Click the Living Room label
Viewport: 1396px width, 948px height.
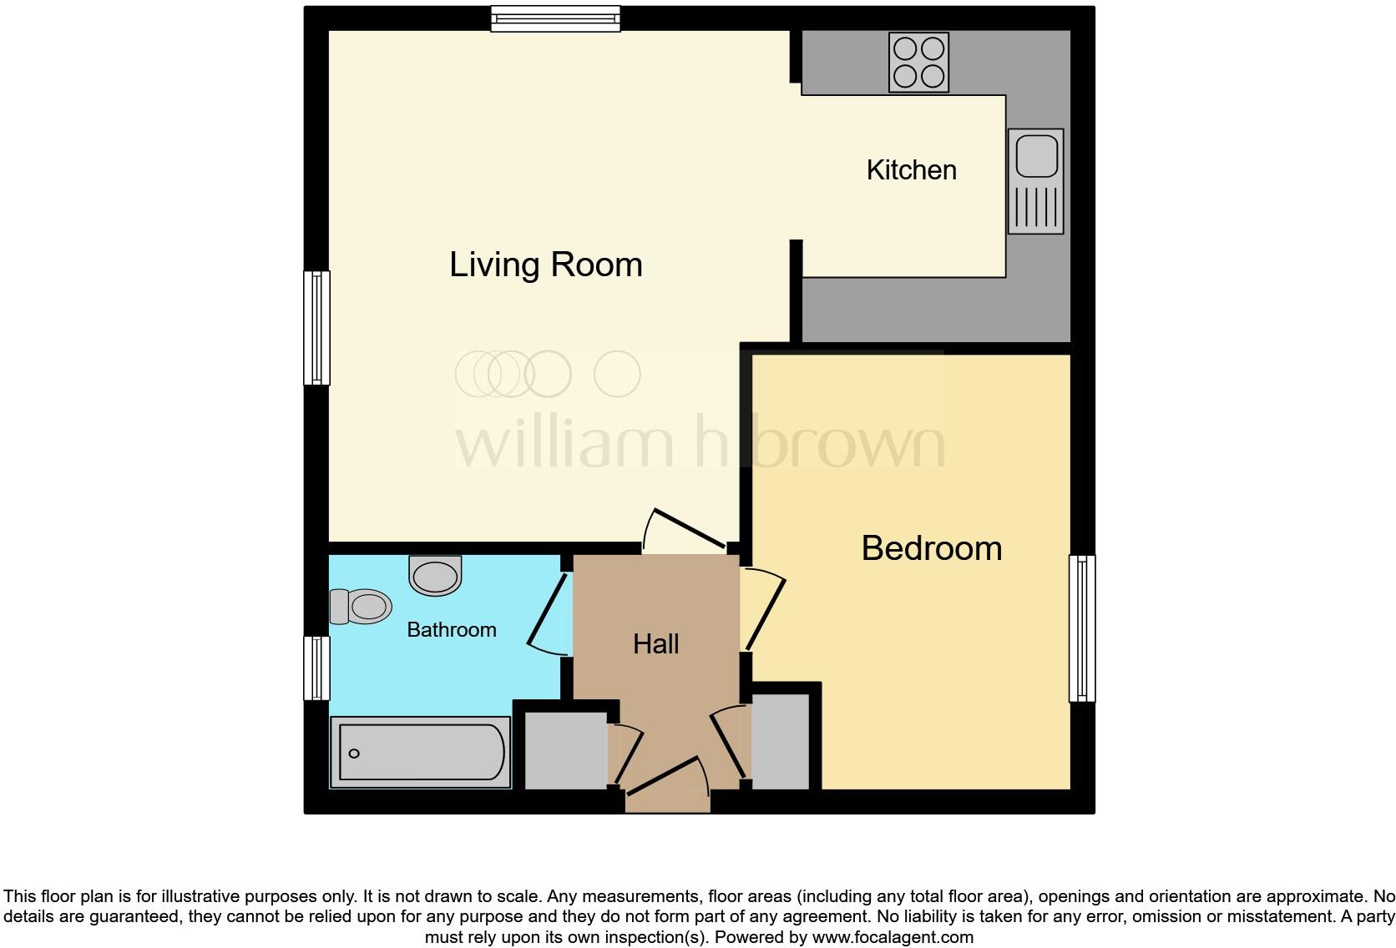coord(546,265)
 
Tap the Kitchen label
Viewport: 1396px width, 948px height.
coord(911,170)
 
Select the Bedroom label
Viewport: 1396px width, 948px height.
coord(931,548)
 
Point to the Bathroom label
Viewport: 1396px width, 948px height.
coord(451,629)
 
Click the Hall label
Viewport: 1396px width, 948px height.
coord(655,643)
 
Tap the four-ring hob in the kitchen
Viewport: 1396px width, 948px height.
coord(918,62)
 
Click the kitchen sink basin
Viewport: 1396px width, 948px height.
coord(1036,156)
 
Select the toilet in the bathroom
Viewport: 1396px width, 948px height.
coord(362,606)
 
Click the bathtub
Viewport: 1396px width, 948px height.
coord(421,752)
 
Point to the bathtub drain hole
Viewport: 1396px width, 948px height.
coord(354,754)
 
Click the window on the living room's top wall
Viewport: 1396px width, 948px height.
coord(555,18)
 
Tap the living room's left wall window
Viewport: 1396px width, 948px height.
coord(316,327)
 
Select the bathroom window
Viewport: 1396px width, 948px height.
coord(316,668)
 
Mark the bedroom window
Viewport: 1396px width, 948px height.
coord(1082,628)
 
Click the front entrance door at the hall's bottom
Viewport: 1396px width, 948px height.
coord(668,784)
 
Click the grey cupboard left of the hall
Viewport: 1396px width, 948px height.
coord(565,749)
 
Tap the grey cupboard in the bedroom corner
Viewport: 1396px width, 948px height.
coord(781,741)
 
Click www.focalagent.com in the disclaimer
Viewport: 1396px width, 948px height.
coord(893,937)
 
